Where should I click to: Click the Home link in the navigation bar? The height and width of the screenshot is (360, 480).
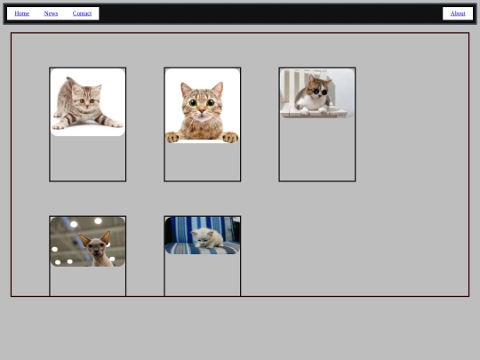[x=21, y=13]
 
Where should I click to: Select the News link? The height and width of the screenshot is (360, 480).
[x=51, y=13]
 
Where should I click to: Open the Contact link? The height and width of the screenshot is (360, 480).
[x=82, y=13]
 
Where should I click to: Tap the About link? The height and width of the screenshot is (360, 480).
[x=458, y=13]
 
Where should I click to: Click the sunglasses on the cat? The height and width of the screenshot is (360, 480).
[x=320, y=92]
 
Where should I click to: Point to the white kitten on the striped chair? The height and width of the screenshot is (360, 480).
[x=208, y=237]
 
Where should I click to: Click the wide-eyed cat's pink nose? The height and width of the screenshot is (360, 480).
[x=202, y=110]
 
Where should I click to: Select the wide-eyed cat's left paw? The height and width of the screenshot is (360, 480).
[x=172, y=137]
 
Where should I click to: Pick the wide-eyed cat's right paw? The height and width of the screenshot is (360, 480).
[x=230, y=137]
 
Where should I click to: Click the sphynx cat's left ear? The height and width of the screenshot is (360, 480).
[x=84, y=240]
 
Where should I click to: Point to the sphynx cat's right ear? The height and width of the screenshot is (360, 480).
[x=106, y=237]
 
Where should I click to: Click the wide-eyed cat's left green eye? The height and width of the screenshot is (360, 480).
[x=193, y=103]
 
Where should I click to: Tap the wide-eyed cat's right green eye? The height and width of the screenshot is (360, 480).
[x=211, y=103]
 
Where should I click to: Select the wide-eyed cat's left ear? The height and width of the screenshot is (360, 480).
[x=186, y=89]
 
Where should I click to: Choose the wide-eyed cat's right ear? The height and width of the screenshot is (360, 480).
[x=218, y=89]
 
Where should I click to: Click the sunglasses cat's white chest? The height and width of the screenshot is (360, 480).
[x=312, y=103]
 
